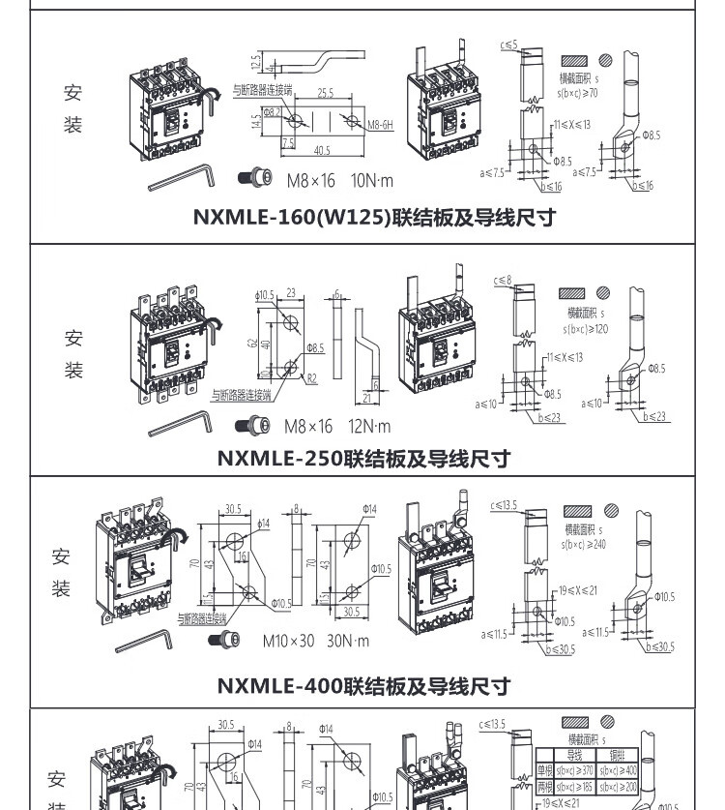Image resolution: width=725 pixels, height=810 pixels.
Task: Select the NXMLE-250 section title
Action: [362, 458]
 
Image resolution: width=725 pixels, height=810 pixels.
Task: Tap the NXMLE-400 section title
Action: [362, 686]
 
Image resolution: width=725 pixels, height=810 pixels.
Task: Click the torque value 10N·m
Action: [371, 180]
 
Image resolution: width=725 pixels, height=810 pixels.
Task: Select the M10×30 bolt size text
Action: [288, 641]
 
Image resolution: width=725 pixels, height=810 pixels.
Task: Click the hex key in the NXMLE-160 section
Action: [184, 176]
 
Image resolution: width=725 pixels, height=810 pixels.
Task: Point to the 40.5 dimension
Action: [321, 151]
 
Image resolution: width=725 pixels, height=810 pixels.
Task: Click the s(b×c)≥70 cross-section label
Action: [578, 93]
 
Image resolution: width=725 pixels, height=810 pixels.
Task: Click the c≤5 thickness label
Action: [508, 45]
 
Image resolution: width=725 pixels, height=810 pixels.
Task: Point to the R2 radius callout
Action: [311, 379]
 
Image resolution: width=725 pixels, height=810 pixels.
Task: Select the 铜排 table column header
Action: [617, 753]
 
